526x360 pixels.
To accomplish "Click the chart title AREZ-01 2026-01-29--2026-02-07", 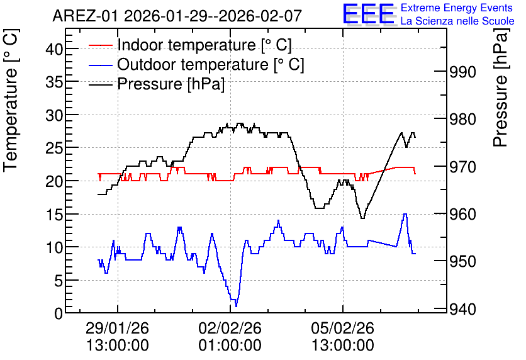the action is coord(177,16).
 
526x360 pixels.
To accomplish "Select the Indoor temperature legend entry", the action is coord(190,45).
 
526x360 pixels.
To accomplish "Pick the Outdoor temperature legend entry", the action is coord(196,64).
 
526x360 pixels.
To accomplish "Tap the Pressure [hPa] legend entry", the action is coord(157,84).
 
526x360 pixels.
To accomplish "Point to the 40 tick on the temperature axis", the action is coord(54,49).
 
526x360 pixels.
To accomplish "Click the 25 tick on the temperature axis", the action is coord(54,148).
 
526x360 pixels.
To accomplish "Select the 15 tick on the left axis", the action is coord(54,214).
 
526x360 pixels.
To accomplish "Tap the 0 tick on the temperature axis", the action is coord(59,313).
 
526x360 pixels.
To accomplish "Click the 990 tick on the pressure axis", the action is coord(462,72).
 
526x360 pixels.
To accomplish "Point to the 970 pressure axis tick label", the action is coord(462,167).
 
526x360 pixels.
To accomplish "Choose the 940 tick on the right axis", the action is coord(462,309).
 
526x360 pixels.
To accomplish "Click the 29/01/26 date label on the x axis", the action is coord(118,328).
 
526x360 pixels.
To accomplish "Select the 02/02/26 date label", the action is coord(230,328).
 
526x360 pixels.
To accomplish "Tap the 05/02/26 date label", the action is coord(343,328).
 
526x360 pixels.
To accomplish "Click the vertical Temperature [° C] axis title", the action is coord(11,101).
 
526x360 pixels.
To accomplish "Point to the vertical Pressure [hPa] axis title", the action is coord(501,88).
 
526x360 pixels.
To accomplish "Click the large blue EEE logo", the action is coord(369,14).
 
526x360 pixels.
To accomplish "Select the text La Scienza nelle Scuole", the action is coord(457,21).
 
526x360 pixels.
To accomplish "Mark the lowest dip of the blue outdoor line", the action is coord(236,306).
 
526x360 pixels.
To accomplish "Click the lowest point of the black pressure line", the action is coord(362,218).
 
